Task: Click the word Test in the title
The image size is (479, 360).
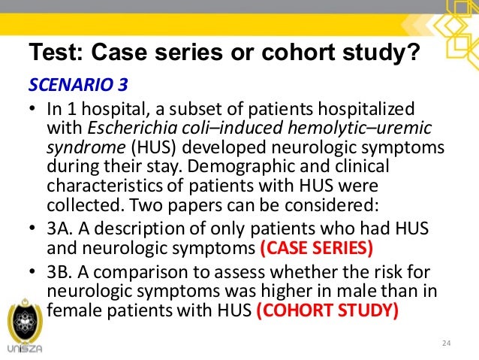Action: pos(50,54)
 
